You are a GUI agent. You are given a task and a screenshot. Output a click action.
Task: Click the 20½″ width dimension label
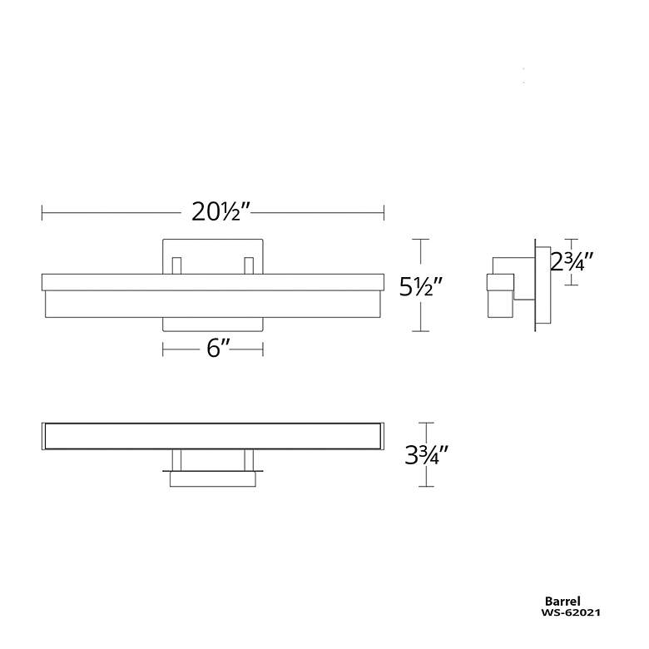[x=216, y=212]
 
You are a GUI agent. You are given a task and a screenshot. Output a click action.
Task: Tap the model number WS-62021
[x=570, y=612]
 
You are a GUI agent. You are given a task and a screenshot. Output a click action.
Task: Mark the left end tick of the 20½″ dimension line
[x=42, y=213]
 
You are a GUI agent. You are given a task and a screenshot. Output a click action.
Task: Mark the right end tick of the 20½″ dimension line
[x=384, y=213]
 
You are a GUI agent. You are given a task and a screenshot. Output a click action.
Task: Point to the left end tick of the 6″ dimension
[x=163, y=349]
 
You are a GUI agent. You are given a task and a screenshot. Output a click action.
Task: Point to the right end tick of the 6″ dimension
[x=264, y=349]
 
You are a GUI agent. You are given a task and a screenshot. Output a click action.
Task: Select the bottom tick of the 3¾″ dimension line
[x=426, y=486]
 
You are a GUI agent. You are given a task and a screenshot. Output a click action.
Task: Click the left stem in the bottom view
[x=176, y=459]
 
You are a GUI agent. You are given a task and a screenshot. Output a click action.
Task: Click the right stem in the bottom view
[x=248, y=459]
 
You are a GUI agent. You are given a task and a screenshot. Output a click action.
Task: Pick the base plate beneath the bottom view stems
[x=214, y=478]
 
